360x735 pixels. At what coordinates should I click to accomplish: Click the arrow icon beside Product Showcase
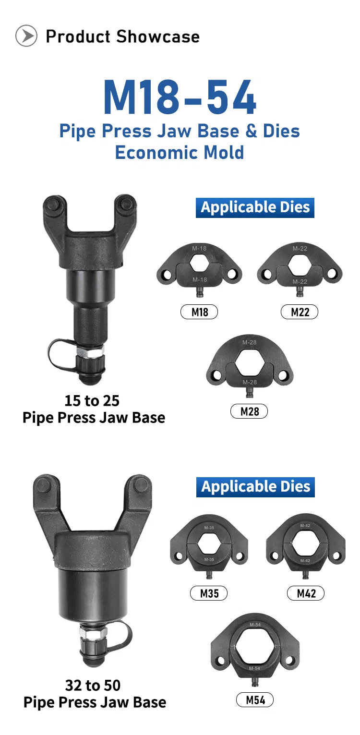tap(26, 36)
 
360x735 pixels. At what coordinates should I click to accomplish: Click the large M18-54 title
tap(180, 97)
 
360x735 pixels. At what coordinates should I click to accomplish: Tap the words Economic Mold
tap(180, 153)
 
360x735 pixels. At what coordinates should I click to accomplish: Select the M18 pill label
tap(199, 312)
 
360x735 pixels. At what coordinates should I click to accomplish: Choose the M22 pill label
tap(300, 312)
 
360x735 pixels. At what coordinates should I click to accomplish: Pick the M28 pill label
tap(250, 411)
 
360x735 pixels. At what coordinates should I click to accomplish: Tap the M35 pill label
tap(209, 593)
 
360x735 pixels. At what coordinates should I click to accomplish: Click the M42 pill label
tap(306, 593)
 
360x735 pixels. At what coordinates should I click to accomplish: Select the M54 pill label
tap(255, 700)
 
